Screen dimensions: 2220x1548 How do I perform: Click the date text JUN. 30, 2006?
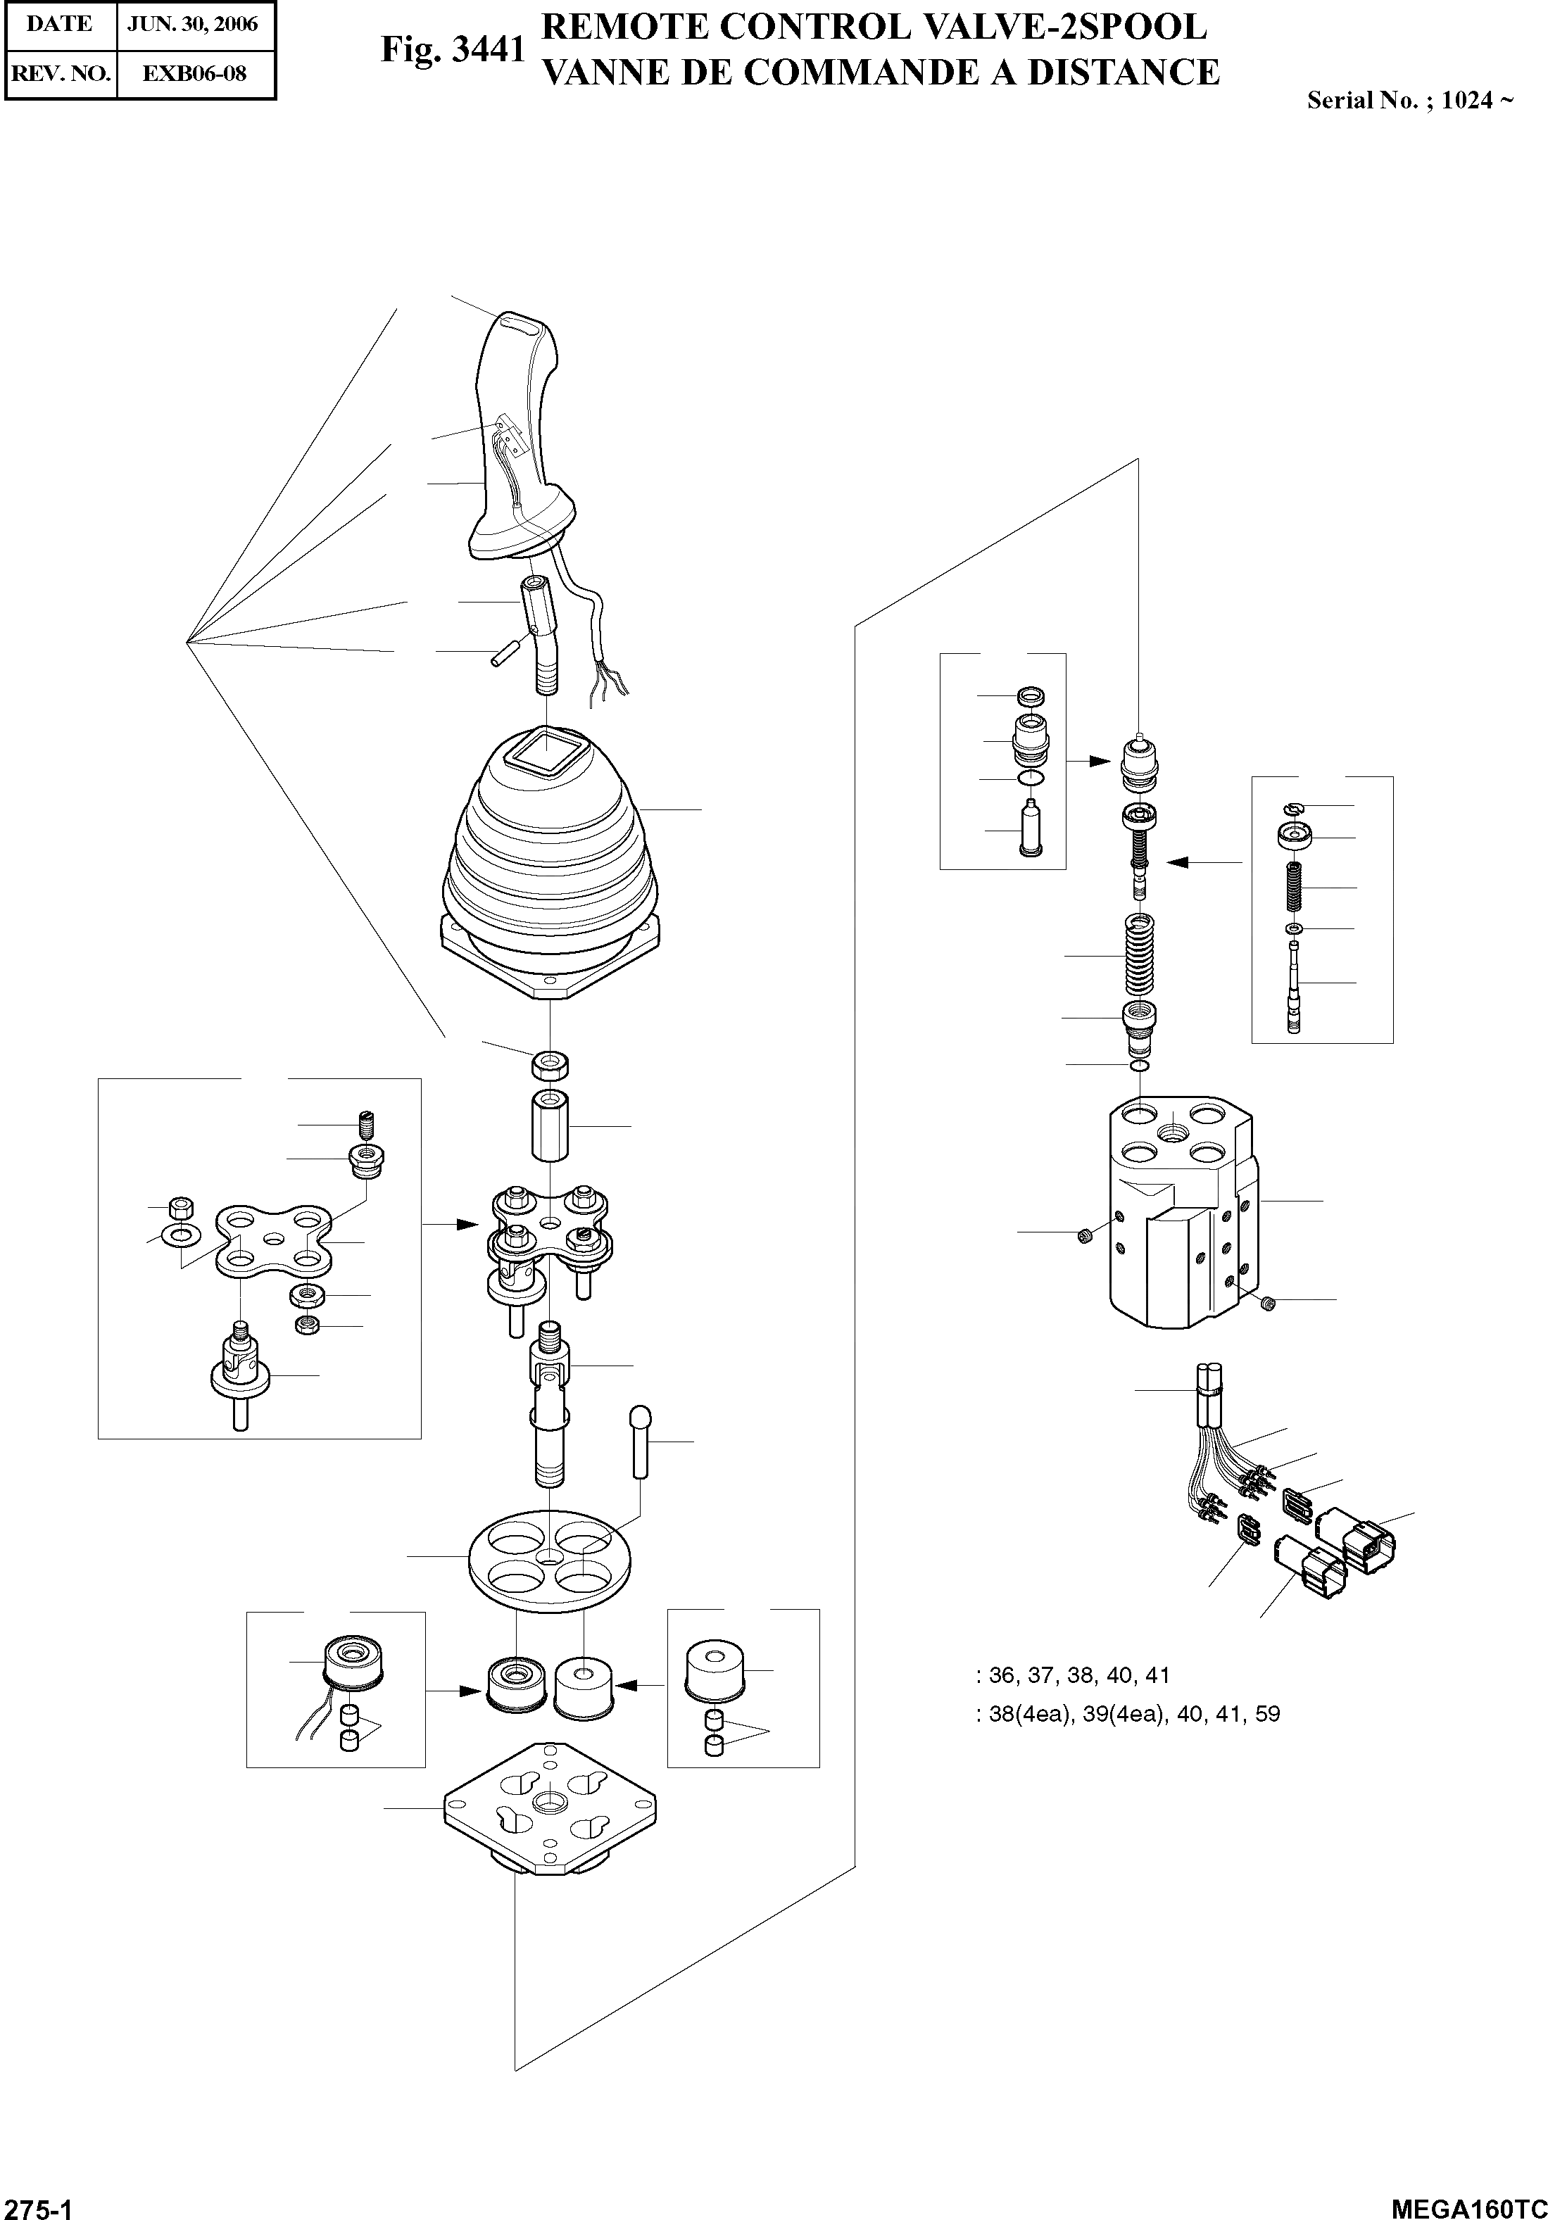(194, 24)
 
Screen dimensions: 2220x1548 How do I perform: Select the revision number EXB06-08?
(194, 73)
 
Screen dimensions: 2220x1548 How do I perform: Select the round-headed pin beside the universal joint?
(640, 1442)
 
